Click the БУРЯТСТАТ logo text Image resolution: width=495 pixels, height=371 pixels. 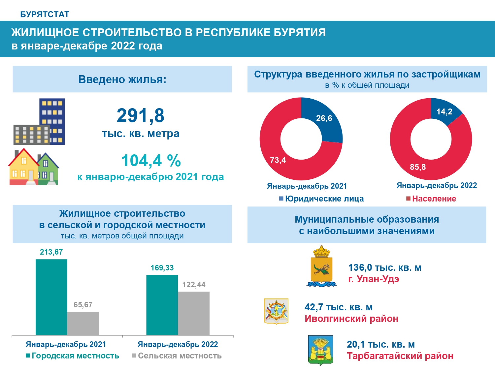[45, 15]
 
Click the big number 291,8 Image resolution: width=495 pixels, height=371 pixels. [140, 116]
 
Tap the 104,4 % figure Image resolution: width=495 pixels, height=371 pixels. [151, 161]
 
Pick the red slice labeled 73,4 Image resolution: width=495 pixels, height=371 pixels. [280, 158]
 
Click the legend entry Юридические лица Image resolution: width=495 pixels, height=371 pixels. [321, 199]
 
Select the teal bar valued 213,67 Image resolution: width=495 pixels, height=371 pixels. [51, 297]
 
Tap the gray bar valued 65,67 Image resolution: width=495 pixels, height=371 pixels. [83, 323]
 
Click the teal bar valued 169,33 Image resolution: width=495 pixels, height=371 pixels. [162, 305]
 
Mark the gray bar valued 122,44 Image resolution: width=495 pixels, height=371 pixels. [194, 313]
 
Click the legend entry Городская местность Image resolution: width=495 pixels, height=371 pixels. [72, 356]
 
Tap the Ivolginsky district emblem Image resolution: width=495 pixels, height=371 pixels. [276, 311]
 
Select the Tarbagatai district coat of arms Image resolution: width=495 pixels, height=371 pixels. [320, 350]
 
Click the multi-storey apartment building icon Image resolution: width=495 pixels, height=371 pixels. [40, 122]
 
